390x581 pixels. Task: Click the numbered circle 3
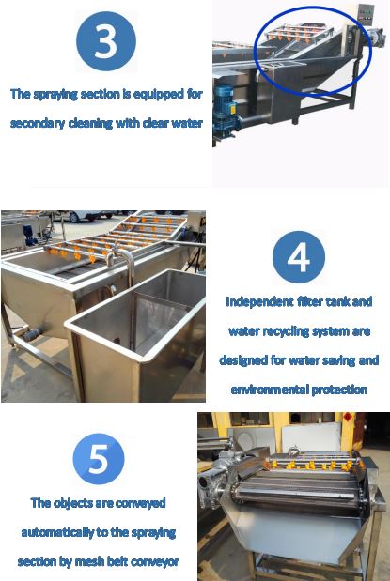(x=106, y=41)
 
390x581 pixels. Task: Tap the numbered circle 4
(x=299, y=257)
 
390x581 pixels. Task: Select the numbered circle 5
(x=99, y=459)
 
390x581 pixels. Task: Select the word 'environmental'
(x=270, y=390)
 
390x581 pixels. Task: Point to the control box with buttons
(x=366, y=14)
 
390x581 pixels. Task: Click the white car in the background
(x=89, y=215)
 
